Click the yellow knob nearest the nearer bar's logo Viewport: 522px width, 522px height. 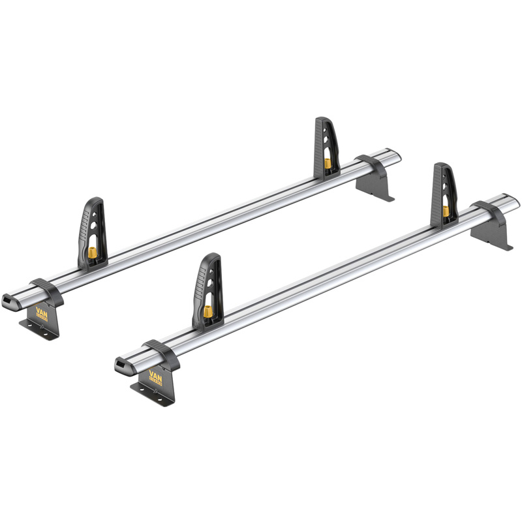(x=207, y=313)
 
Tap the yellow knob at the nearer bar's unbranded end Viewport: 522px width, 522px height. (x=446, y=210)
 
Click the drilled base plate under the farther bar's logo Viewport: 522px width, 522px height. (x=39, y=328)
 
